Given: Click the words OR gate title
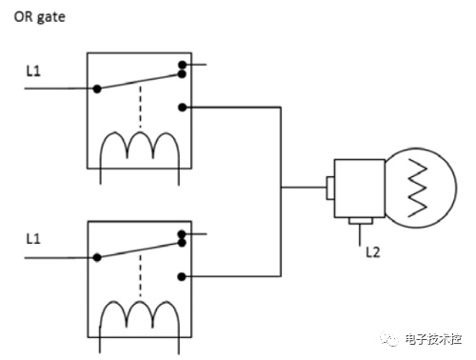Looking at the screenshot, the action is [40, 17].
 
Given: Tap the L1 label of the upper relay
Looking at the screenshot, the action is [33, 70].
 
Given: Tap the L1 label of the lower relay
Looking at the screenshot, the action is [33, 239].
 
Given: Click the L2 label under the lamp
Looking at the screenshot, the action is [373, 252].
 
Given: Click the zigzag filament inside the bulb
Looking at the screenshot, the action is [417, 189].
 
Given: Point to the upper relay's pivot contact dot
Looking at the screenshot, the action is [97, 89].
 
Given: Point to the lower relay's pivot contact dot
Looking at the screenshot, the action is [97, 257].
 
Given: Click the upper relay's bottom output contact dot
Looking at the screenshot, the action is [182, 108].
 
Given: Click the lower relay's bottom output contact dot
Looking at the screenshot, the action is [182, 277].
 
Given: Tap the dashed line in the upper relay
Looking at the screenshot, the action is [141, 107].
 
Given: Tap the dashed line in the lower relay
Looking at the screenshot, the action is [140, 275].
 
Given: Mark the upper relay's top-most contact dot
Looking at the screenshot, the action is [182, 65].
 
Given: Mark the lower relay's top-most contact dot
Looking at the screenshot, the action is [182, 234].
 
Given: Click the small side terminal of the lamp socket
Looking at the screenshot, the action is [330, 189].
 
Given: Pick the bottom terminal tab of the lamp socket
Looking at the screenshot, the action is [361, 221].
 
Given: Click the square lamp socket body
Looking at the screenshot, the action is [360, 189].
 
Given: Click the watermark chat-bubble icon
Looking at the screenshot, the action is [389, 339].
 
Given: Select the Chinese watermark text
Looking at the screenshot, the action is [433, 339].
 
